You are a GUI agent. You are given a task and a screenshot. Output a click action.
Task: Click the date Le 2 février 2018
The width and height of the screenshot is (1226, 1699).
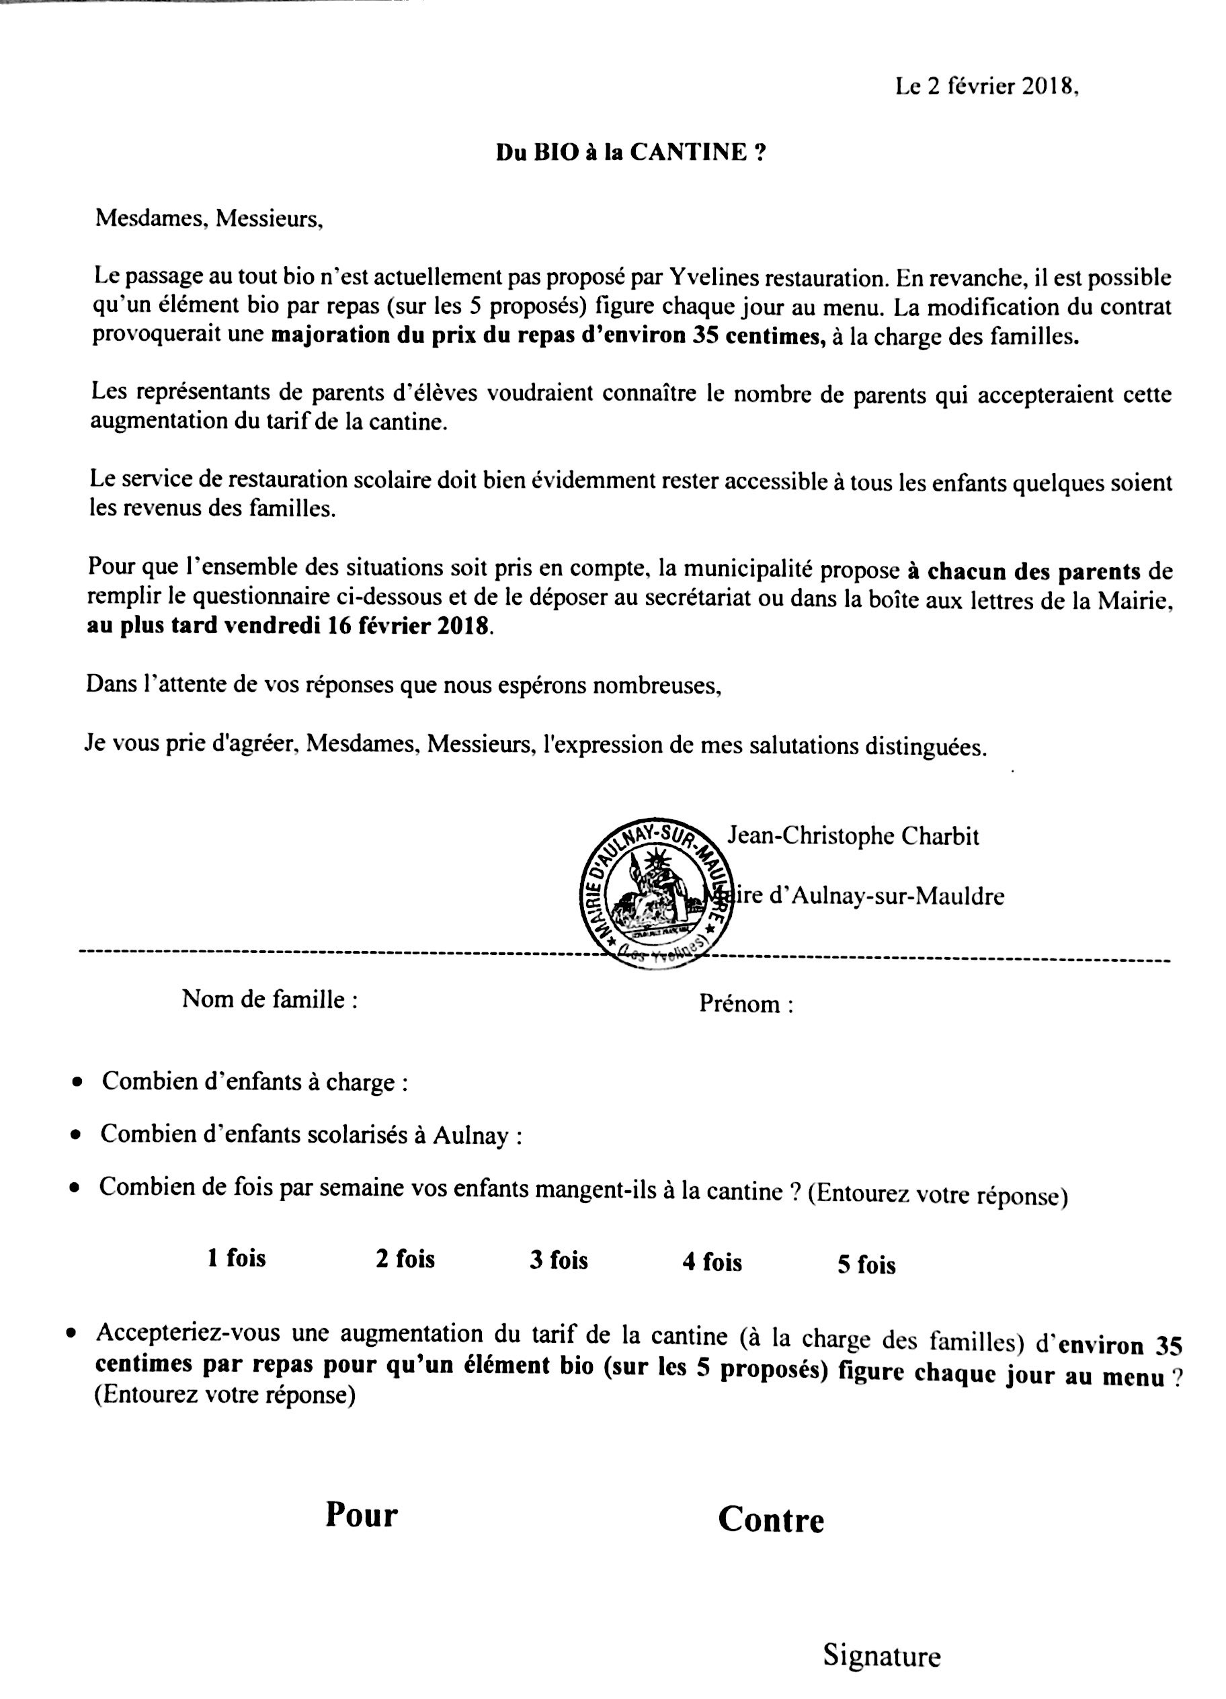986,87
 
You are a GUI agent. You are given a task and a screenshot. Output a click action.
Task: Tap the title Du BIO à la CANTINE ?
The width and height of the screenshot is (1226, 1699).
631,153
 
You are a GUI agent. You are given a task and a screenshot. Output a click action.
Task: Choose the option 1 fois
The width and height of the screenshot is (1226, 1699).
237,1257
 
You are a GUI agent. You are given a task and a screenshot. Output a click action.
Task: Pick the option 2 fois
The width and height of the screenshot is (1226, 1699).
405,1259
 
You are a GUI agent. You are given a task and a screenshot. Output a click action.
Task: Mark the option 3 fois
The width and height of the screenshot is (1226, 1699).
559,1260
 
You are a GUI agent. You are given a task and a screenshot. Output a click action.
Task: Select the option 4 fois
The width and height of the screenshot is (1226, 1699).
712,1262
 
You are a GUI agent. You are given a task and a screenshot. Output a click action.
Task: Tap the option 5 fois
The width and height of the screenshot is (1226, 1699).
866,1266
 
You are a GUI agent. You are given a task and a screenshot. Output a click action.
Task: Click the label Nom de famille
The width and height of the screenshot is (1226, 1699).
269,999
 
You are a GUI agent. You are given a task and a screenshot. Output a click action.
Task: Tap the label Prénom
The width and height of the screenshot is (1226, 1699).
745,1004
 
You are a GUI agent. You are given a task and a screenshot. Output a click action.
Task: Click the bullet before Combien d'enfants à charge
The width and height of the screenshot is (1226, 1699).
77,1083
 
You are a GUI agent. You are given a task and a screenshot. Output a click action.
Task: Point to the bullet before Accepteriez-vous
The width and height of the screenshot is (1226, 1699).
71,1334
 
